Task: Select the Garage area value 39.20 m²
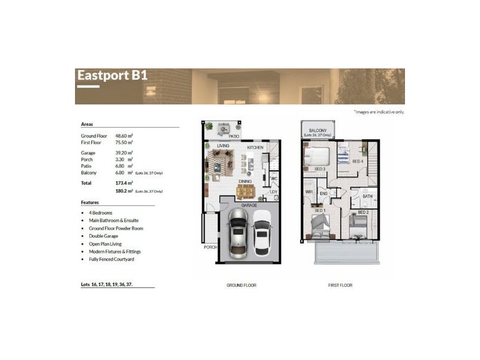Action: click(x=124, y=153)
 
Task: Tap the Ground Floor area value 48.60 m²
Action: click(x=124, y=136)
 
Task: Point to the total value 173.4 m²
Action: click(x=124, y=182)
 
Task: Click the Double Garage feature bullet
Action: click(x=103, y=236)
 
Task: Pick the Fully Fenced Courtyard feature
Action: click(x=112, y=259)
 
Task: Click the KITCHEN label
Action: click(x=256, y=147)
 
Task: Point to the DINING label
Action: click(x=245, y=181)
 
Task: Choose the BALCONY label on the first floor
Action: click(x=317, y=130)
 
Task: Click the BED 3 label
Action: click(x=320, y=169)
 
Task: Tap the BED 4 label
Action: click(x=358, y=161)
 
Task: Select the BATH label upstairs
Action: click(x=367, y=196)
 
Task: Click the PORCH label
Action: click(x=210, y=247)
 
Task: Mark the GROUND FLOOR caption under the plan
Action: click(x=242, y=285)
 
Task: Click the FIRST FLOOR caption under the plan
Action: click(x=340, y=285)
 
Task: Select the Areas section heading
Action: click(x=87, y=124)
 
